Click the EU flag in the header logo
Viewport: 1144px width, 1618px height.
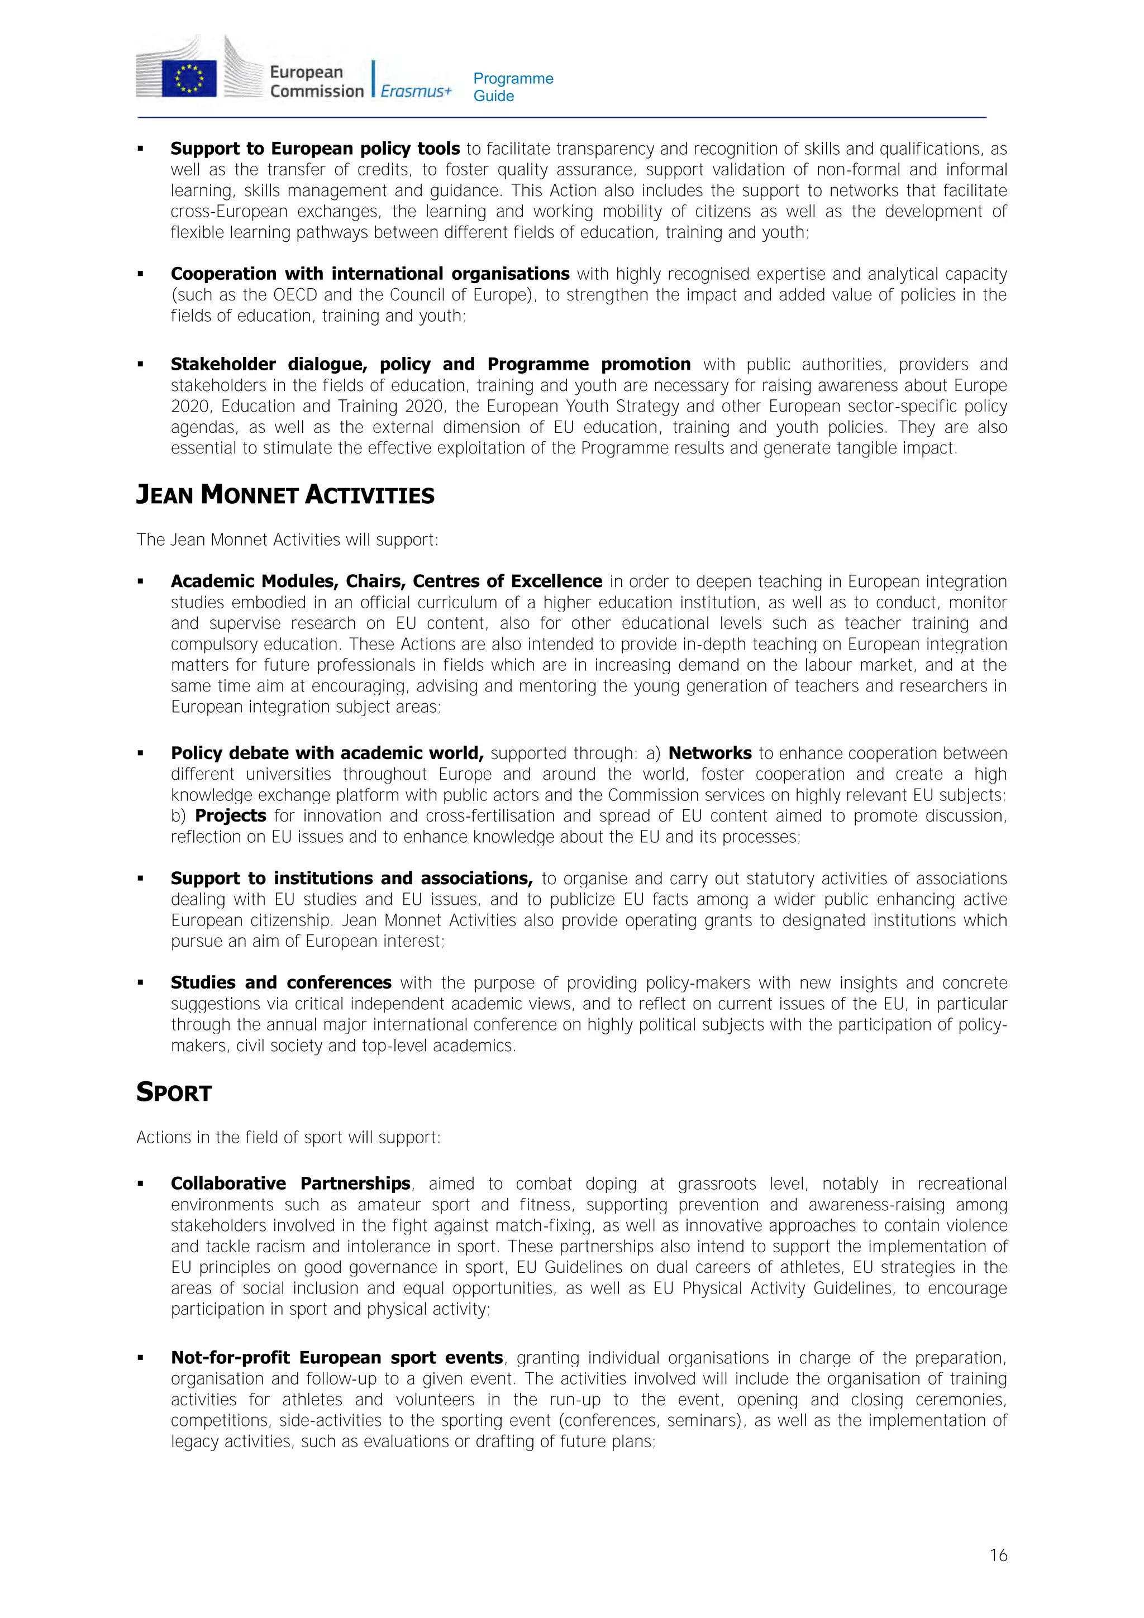coord(189,78)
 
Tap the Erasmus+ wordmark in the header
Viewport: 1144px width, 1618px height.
coord(416,91)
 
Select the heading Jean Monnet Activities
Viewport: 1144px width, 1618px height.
coord(285,495)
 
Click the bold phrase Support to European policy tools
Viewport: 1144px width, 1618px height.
coord(315,149)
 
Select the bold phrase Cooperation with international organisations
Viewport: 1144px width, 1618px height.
coord(370,274)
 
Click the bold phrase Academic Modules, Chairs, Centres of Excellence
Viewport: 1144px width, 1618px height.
coord(386,581)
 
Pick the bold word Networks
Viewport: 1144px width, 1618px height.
coord(710,753)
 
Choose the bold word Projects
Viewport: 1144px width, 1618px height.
coord(231,816)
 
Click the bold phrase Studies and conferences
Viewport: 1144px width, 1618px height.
coord(280,982)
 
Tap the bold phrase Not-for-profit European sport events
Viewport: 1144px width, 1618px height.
coord(337,1357)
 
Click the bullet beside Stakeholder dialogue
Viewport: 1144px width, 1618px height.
coord(140,364)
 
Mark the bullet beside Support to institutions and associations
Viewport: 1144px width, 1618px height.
coord(140,879)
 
